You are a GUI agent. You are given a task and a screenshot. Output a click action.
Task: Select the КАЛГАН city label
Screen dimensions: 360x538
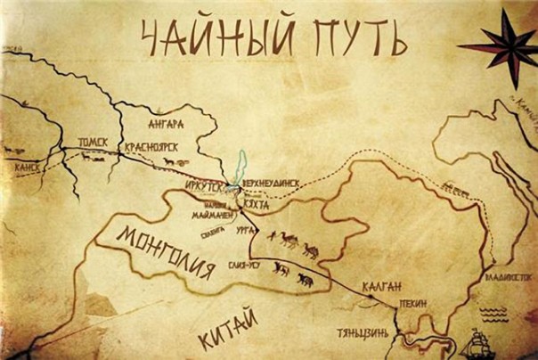point(385,286)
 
